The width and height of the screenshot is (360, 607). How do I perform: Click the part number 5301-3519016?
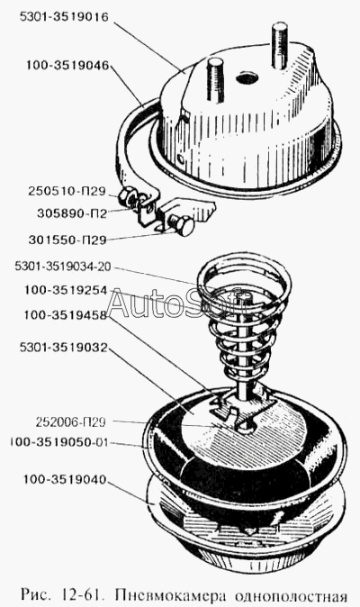tap(64, 18)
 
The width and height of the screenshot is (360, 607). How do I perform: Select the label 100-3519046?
tap(67, 65)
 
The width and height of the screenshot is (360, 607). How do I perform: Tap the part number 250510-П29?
tap(67, 191)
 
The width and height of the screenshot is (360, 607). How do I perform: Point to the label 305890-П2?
tap(72, 213)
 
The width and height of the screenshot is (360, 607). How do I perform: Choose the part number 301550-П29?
tap(67, 240)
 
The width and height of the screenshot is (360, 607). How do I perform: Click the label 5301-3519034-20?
tap(63, 267)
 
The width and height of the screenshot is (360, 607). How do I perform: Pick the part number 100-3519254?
tap(66, 290)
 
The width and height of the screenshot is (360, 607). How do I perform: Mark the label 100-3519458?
tap(65, 315)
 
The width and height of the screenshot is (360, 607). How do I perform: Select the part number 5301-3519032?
tap(63, 348)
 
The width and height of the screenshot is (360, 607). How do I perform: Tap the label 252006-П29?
tap(70, 422)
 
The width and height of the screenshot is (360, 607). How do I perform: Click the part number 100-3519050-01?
tap(59, 442)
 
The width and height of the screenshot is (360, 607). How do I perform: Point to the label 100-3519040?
tap(65, 480)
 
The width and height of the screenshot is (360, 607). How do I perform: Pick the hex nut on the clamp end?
tap(127, 195)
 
